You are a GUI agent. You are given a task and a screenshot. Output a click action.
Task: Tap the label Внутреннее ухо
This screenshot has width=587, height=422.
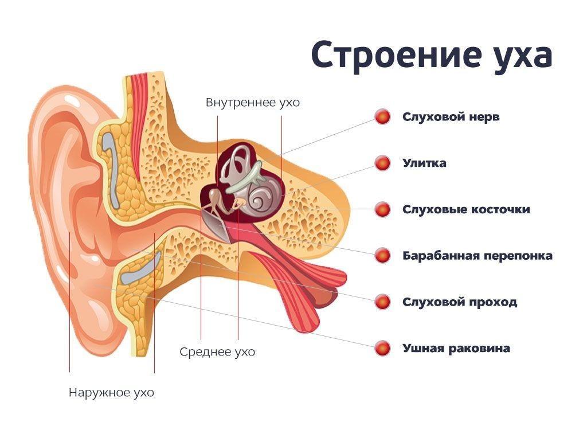pyautogui.click(x=253, y=103)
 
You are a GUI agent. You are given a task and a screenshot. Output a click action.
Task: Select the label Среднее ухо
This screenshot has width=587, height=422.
pyautogui.click(x=217, y=351)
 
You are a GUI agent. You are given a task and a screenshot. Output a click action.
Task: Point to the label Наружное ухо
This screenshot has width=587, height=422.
pyautogui.click(x=111, y=393)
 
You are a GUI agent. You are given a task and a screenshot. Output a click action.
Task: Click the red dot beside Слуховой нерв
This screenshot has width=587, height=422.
pyautogui.click(x=382, y=117)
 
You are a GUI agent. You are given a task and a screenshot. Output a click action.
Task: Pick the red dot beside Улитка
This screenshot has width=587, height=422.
pyautogui.click(x=382, y=163)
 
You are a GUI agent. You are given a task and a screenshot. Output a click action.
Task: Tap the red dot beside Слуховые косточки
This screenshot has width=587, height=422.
pyautogui.click(x=382, y=209)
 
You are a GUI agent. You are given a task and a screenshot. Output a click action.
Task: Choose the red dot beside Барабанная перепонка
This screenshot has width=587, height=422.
pyautogui.click(x=382, y=255)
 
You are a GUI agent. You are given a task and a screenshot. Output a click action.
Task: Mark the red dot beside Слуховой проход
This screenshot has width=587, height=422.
pyautogui.click(x=382, y=302)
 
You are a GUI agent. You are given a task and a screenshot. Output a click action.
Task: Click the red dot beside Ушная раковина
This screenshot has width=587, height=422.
pyautogui.click(x=382, y=348)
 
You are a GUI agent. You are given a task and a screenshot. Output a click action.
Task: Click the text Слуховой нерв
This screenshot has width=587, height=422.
pyautogui.click(x=451, y=117)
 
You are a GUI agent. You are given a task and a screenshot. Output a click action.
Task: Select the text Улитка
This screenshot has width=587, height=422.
pyautogui.click(x=424, y=163)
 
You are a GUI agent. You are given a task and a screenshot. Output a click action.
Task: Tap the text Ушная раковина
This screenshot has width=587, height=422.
pyautogui.click(x=456, y=348)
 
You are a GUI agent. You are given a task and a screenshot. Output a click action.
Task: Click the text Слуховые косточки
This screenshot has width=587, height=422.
pyautogui.click(x=466, y=209)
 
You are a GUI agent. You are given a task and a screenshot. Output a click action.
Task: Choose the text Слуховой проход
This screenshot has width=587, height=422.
pyautogui.click(x=460, y=302)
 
